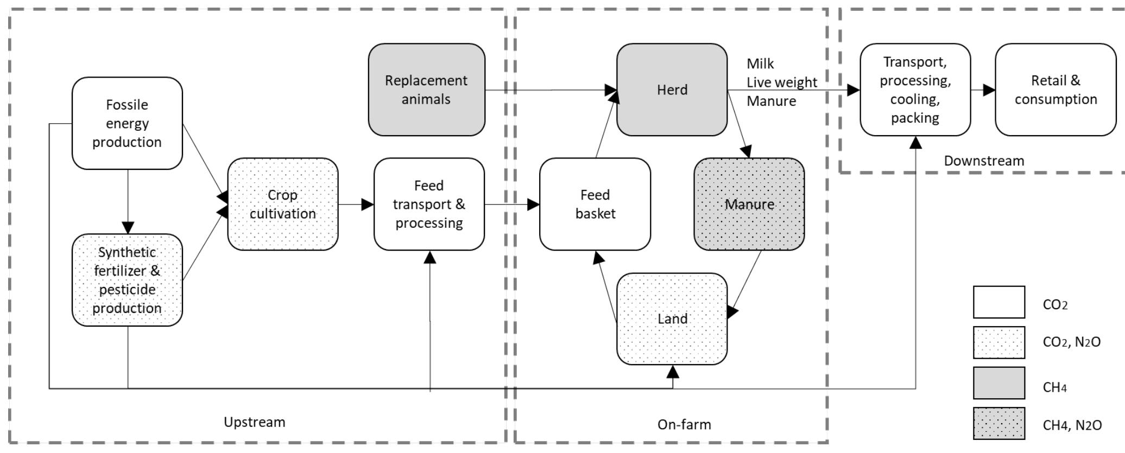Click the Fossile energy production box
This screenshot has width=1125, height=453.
[x=127, y=123]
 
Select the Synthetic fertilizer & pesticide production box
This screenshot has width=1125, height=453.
[x=127, y=280]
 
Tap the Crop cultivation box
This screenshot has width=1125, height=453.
[x=282, y=204]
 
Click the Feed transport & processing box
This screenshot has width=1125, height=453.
[x=429, y=204]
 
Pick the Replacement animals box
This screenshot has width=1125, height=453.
[x=426, y=90]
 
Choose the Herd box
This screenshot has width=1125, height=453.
[x=672, y=90]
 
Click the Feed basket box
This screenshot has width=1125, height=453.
[x=595, y=204]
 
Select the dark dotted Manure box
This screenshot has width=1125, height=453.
[x=749, y=204]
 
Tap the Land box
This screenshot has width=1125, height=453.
[x=672, y=318]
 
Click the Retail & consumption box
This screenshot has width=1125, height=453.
[x=1056, y=90]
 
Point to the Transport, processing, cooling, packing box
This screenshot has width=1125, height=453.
[x=915, y=90]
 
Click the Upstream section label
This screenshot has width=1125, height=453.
[x=254, y=422]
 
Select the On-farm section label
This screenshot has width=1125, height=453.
[x=684, y=424]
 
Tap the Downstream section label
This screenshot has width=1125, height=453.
[x=984, y=161]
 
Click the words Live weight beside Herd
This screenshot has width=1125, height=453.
[x=781, y=82]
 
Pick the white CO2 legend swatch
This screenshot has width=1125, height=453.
[x=998, y=302]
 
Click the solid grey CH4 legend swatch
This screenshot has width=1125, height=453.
[x=998, y=383]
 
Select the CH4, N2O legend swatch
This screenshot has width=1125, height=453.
[x=998, y=423]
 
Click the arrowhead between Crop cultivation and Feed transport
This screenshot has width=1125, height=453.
[x=368, y=205]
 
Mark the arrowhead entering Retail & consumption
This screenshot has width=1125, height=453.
[x=989, y=90]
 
